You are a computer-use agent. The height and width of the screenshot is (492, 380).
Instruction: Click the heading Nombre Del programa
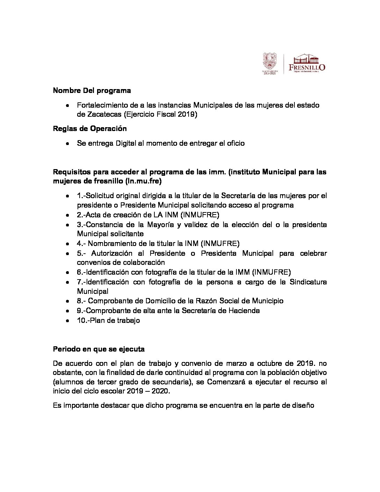click(92, 91)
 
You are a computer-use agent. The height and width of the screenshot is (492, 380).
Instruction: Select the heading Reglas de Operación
click(90, 128)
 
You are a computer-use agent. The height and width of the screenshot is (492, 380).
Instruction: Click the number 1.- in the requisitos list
click(81, 196)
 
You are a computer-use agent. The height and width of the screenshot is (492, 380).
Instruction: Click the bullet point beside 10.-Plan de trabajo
click(67, 320)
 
